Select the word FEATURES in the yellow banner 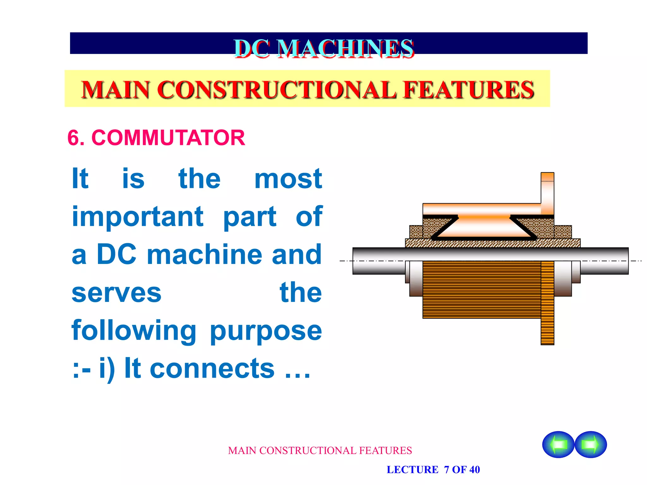469,90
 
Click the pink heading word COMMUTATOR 168,138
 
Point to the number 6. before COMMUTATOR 76,138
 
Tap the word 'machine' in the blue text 204,254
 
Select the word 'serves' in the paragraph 117,293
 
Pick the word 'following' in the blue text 134,331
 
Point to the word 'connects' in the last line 212,368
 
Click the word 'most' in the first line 288,179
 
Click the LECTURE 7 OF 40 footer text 433,470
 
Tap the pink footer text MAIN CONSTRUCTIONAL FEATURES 320,451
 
